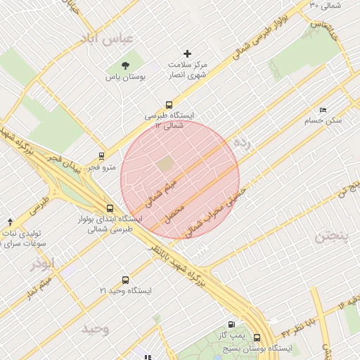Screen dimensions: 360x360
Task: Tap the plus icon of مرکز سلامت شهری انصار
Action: coord(187,53)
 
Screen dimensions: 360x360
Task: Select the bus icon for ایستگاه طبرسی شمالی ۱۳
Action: coord(168,105)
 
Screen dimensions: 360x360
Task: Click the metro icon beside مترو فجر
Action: coord(103,157)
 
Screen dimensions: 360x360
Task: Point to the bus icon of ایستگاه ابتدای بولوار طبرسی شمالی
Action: coord(109,208)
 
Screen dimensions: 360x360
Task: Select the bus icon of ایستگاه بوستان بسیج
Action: coord(257,337)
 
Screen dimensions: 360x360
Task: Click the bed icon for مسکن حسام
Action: coord(323,110)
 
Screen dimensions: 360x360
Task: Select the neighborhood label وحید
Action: coord(95,329)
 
